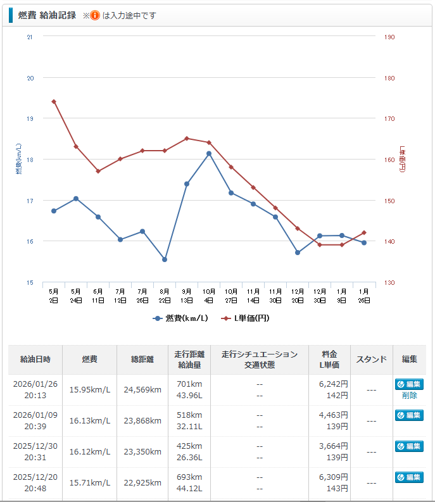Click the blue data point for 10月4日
(x=209, y=153)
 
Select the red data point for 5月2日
(x=54, y=101)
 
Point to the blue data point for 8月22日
(x=165, y=260)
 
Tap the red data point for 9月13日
(x=187, y=138)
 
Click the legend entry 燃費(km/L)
(x=180, y=318)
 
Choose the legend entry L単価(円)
(x=246, y=318)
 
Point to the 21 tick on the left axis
(x=30, y=37)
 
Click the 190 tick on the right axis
(x=389, y=37)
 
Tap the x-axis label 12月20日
(x=298, y=296)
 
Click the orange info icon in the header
(x=95, y=15)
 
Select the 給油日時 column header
(x=35, y=360)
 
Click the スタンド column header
(x=372, y=360)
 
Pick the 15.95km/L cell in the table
(x=90, y=390)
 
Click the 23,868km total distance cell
(x=142, y=421)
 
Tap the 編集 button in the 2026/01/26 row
(x=409, y=384)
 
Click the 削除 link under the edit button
(x=409, y=396)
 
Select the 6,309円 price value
(x=334, y=477)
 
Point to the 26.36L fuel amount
(x=189, y=458)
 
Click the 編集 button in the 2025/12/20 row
(x=409, y=477)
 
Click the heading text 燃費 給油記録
(x=47, y=15)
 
